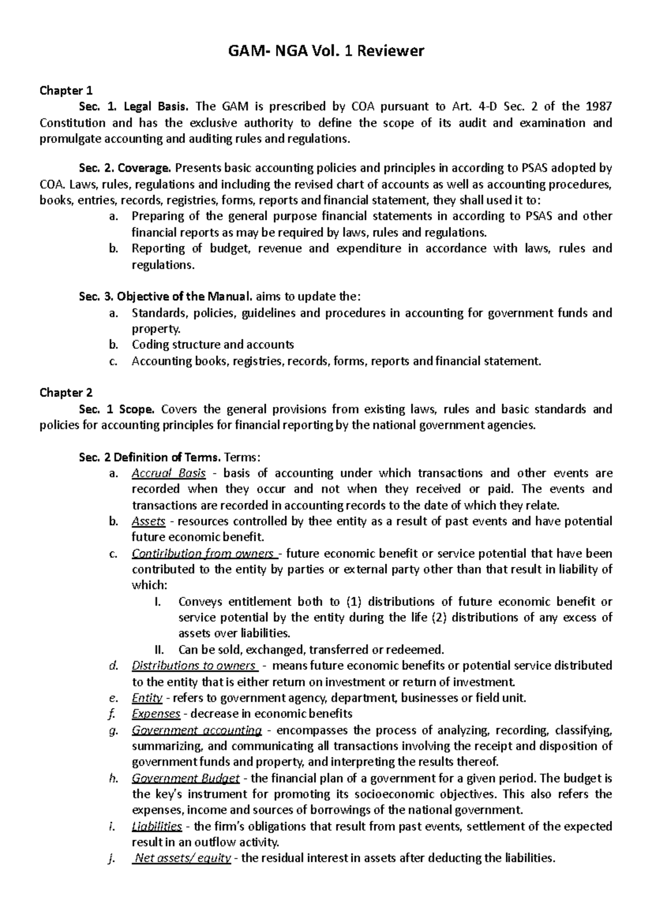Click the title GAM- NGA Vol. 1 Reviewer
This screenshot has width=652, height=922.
click(x=325, y=52)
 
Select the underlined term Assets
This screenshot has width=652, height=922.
click(x=148, y=521)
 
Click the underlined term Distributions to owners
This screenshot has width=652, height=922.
click(x=195, y=666)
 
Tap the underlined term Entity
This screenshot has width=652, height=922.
click(x=147, y=698)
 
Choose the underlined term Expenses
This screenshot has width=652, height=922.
click(x=156, y=713)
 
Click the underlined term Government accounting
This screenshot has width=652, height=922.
click(x=197, y=730)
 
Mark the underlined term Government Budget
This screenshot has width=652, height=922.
click(x=185, y=778)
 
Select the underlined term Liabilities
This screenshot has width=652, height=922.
click(x=156, y=826)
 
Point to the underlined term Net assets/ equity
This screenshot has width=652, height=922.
click(x=183, y=858)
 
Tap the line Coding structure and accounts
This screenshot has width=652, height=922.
click(x=212, y=345)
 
